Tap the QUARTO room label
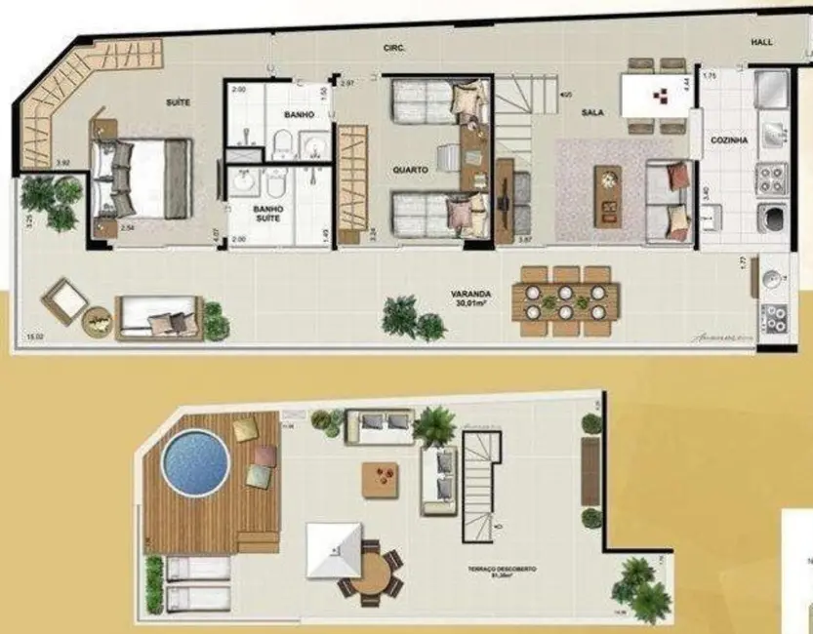410,169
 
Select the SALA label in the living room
591,113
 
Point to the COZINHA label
730,140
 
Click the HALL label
761,42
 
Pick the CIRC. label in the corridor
395,48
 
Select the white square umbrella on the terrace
335,550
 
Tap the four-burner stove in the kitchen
772,179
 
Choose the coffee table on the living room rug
609,188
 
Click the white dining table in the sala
656,95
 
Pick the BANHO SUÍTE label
266,213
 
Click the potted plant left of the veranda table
401,317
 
